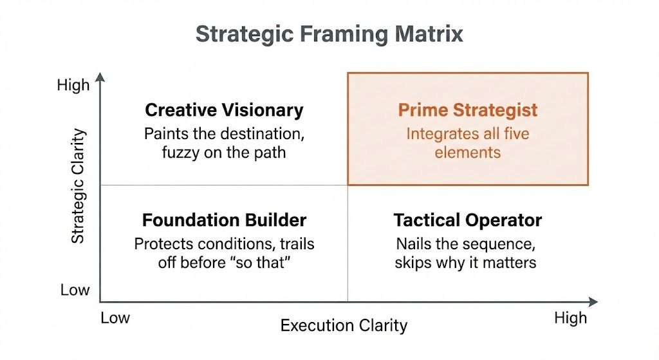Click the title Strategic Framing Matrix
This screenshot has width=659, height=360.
click(x=329, y=33)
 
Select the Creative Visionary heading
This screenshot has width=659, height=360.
click(x=224, y=110)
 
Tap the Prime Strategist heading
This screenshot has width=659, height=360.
click(x=468, y=110)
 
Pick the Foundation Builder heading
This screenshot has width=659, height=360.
click(x=224, y=220)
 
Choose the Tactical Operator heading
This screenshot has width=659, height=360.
click(x=468, y=220)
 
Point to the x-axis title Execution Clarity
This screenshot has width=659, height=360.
click(x=344, y=325)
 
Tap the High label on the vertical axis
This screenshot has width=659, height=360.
click(x=73, y=86)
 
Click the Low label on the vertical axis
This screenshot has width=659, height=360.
click(x=75, y=290)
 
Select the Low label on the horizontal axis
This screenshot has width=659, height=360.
click(x=115, y=317)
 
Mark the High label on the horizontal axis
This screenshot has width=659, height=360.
click(x=570, y=317)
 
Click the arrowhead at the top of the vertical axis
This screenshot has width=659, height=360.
click(x=100, y=79)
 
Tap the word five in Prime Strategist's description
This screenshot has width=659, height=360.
click(x=514, y=135)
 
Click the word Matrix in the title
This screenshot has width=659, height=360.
click(x=432, y=33)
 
